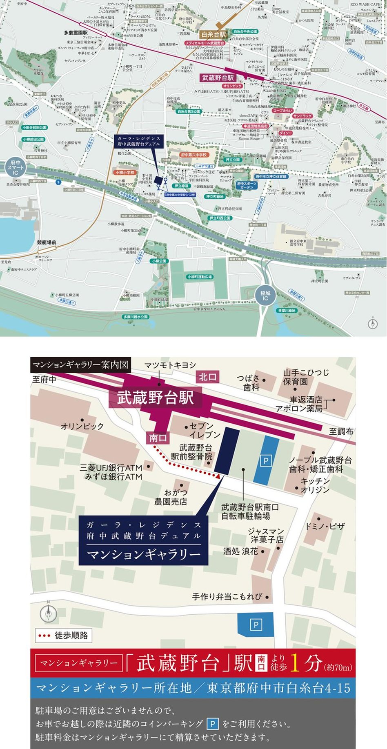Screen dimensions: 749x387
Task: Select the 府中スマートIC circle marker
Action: pos(15,168)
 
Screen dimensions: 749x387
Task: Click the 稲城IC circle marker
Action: pos(265,295)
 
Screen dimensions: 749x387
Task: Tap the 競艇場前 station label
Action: pos(47,242)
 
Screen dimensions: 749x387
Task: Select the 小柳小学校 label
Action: pos(125,173)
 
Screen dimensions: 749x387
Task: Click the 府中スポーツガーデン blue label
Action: pos(247,185)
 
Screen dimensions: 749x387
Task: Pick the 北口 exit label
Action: pos(207,377)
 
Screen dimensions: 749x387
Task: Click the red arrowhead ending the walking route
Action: pos(218,476)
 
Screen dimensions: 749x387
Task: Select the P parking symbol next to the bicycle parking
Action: pos(266,461)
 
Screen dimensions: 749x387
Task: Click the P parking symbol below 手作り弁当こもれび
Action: pos(256,624)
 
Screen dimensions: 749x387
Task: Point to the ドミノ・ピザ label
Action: pos(325,526)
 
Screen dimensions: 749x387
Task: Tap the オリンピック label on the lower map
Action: pos(82,426)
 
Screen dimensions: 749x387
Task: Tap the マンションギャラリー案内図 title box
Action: pos(80,364)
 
